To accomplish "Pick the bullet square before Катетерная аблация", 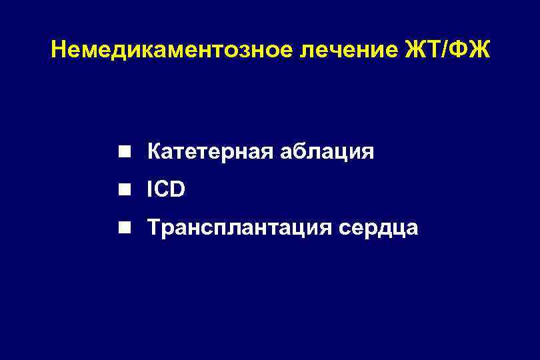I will coord(124,153).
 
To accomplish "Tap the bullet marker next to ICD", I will coord(124,191).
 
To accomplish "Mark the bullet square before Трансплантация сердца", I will coord(124,229).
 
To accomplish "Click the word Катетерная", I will coord(204,153).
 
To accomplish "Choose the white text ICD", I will coord(167,191).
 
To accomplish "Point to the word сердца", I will coord(378,229).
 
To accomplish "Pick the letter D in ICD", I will coord(178,191).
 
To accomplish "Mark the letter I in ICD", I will coord(151,191).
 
